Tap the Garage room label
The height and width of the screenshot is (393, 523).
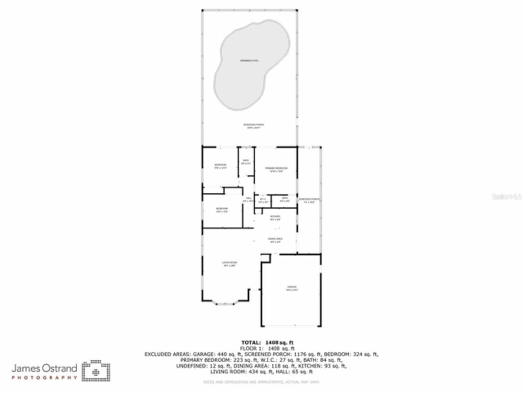[292, 288]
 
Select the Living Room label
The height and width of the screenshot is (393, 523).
[229, 264]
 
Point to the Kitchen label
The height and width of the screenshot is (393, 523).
[275, 217]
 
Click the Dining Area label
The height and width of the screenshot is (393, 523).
[275, 240]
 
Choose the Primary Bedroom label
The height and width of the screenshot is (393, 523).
[276, 169]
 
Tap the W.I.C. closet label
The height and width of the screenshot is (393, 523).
[263, 200]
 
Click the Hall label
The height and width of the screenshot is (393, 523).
[248, 199]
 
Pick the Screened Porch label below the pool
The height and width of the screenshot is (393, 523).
[253, 126]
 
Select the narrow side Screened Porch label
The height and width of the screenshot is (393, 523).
[309, 201]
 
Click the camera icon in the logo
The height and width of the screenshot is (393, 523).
[96, 371]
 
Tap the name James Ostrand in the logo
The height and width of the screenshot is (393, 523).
[44, 368]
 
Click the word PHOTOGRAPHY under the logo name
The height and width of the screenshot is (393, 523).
[44, 377]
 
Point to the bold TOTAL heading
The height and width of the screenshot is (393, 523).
[251, 342]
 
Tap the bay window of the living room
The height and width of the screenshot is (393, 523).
[224, 303]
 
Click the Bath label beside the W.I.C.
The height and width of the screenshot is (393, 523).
[285, 200]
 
